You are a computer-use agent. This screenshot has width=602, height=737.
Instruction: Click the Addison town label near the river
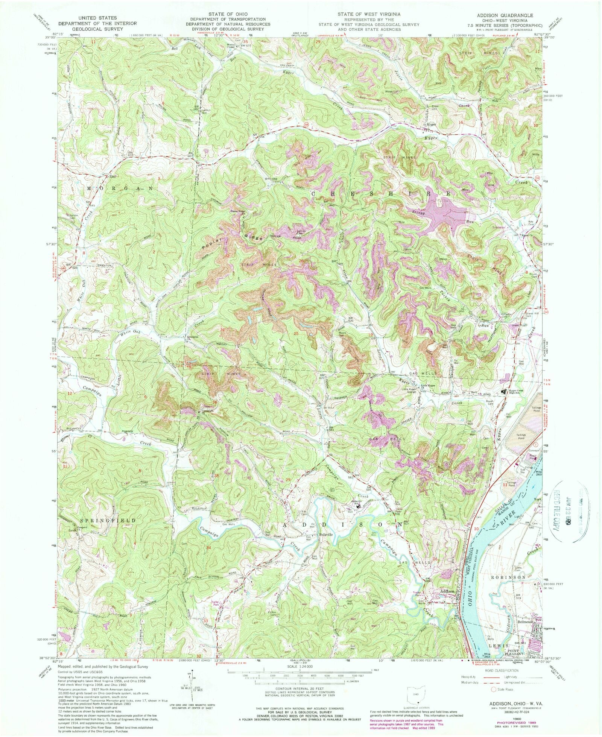pos(447,591)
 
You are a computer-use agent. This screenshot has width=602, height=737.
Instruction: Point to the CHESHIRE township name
pos(380,193)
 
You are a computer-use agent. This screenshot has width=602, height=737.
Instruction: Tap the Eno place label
pos(111,176)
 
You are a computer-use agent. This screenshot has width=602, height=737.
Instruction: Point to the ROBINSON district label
pos(507,577)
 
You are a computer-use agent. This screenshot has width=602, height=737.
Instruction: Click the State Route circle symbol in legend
pos(493,690)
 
